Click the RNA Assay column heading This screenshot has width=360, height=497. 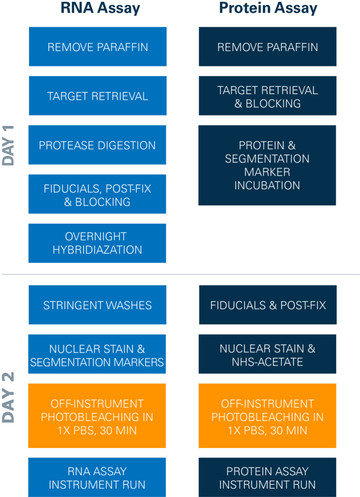click(100, 8)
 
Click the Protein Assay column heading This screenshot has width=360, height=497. click(268, 8)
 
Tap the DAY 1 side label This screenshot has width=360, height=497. click(9, 146)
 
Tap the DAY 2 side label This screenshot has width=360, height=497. click(9, 398)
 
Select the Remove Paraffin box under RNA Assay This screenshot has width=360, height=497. click(97, 47)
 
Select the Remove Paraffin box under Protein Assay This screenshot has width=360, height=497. click(267, 47)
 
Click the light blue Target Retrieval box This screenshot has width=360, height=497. click(97, 96)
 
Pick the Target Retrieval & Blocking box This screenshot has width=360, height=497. click(267, 96)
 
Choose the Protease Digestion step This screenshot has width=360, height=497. click(97, 145)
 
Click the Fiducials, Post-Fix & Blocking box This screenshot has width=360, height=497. click(97, 195)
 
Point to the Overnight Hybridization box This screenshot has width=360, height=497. click(97, 243)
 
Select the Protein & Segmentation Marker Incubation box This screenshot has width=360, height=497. click(267, 165)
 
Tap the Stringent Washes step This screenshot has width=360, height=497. click(97, 305)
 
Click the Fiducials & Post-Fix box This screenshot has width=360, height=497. click(268, 305)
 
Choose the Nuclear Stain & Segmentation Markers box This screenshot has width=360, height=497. click(97, 355)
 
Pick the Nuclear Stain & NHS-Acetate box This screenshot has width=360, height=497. click(267, 355)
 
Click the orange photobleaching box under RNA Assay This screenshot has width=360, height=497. click(97, 416)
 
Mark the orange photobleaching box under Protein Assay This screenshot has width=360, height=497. click(267, 416)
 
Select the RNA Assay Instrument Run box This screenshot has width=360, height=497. click(97, 478)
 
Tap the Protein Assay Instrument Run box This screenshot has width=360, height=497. click(267, 478)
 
